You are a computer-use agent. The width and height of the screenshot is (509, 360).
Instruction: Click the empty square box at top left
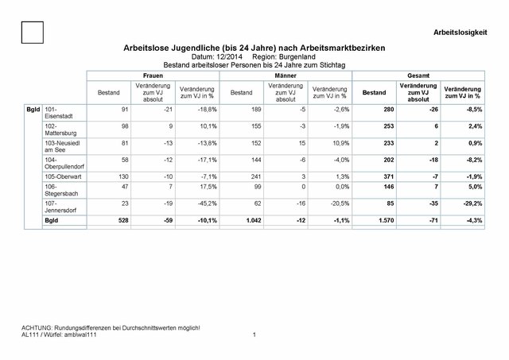pos(33,33)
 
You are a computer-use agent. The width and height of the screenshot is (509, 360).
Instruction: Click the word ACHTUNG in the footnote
pos(36,329)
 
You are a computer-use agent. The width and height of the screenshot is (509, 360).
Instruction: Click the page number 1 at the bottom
pos(252,335)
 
